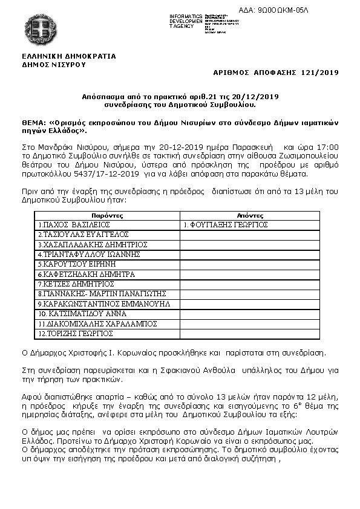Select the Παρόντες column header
click(x=108, y=215)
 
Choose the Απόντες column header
click(x=250, y=215)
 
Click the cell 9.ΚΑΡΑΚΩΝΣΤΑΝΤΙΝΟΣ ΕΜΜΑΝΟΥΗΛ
click(x=104, y=303)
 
